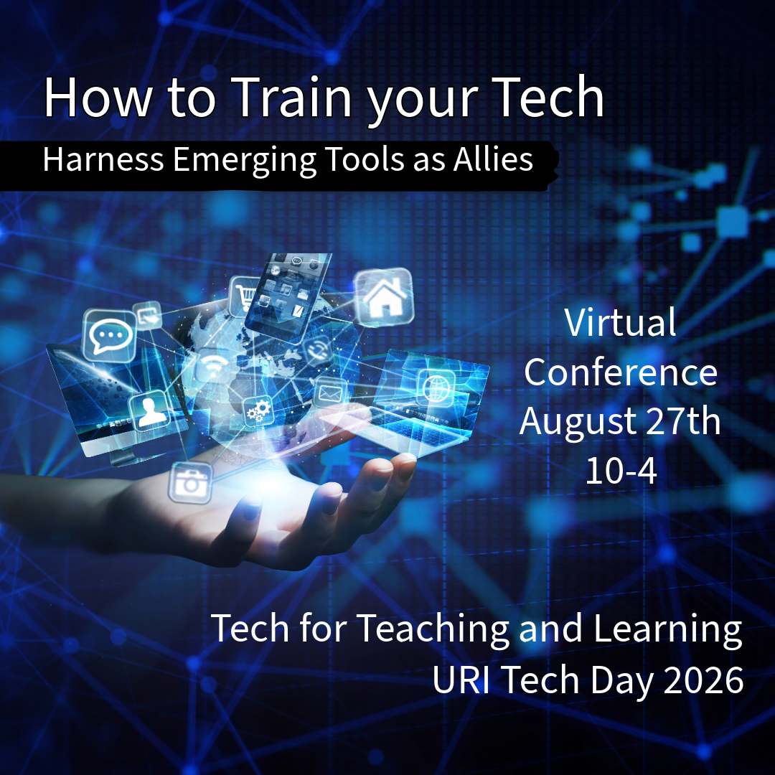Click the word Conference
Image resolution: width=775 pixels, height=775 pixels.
620,372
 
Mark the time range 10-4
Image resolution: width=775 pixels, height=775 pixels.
621,471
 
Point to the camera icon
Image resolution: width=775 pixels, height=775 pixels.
190,482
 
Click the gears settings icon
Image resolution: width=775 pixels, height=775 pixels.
257,411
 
